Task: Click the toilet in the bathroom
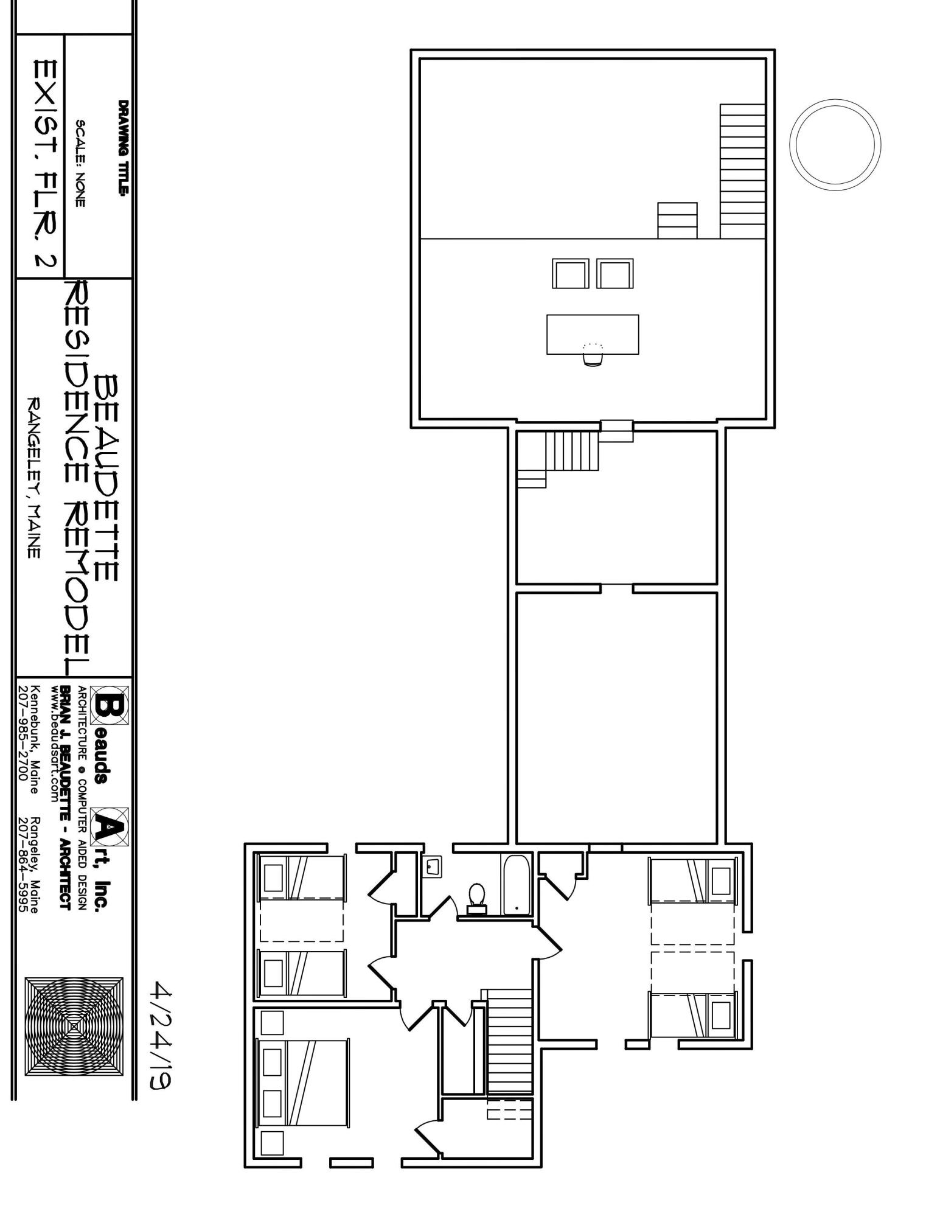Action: point(477,897)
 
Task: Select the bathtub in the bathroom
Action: point(517,885)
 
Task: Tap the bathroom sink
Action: point(432,865)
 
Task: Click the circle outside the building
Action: point(835,145)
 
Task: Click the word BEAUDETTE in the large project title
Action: point(107,478)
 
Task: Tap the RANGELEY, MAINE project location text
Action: point(34,478)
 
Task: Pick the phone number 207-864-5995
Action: point(23,864)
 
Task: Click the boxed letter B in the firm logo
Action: point(110,705)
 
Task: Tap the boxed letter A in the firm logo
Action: point(110,826)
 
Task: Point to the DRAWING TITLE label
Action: point(124,148)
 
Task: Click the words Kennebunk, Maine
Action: point(35,739)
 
